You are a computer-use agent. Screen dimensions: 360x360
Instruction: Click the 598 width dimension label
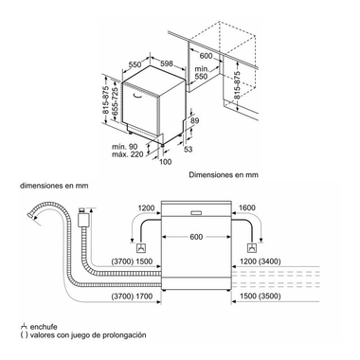[x=167, y=63]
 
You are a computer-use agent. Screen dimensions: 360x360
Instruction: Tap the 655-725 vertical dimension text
[x=116, y=101]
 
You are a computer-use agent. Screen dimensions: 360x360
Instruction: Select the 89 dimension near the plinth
[x=195, y=120]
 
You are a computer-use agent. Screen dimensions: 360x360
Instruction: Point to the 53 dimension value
[x=189, y=149]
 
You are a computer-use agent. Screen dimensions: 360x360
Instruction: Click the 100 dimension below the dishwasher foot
[x=166, y=162]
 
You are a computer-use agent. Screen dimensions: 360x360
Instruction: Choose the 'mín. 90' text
[x=125, y=147]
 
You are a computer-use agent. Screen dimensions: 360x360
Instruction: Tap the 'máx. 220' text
[x=128, y=154]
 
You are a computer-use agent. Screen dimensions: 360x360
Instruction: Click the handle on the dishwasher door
[x=140, y=96]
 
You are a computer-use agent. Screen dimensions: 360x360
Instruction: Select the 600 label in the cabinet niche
[x=206, y=56]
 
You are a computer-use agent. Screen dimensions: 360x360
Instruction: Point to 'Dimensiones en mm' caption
[x=224, y=174]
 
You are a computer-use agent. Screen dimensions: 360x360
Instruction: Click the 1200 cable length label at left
[x=146, y=207]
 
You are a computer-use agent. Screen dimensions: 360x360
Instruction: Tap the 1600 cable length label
[x=247, y=207]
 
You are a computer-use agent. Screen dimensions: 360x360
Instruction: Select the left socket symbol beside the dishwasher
[x=141, y=248]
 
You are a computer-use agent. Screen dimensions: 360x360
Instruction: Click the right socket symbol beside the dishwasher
[x=252, y=248]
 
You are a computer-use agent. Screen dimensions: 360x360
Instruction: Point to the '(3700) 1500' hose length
[x=132, y=261]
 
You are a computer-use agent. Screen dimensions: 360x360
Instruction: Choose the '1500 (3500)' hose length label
[x=261, y=297]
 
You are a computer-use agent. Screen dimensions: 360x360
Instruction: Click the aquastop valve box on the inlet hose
[x=83, y=219]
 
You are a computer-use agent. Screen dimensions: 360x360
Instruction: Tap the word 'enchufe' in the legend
[x=44, y=327]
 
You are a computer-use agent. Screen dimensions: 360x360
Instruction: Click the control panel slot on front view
[x=196, y=212]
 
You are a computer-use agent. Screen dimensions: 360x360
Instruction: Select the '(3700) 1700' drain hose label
[x=132, y=297]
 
